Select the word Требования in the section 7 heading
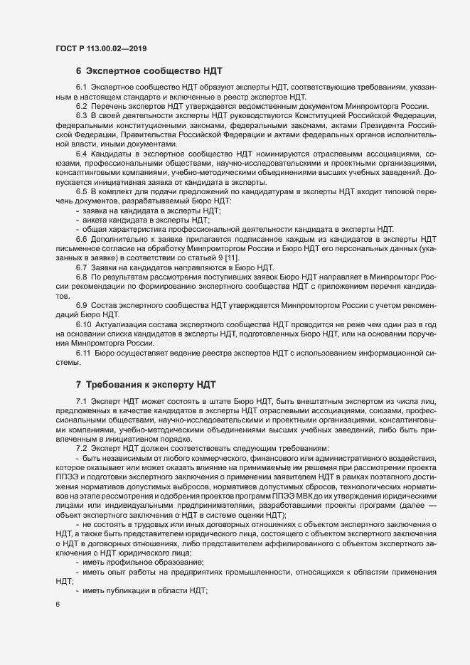116,385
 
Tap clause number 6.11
83,353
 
